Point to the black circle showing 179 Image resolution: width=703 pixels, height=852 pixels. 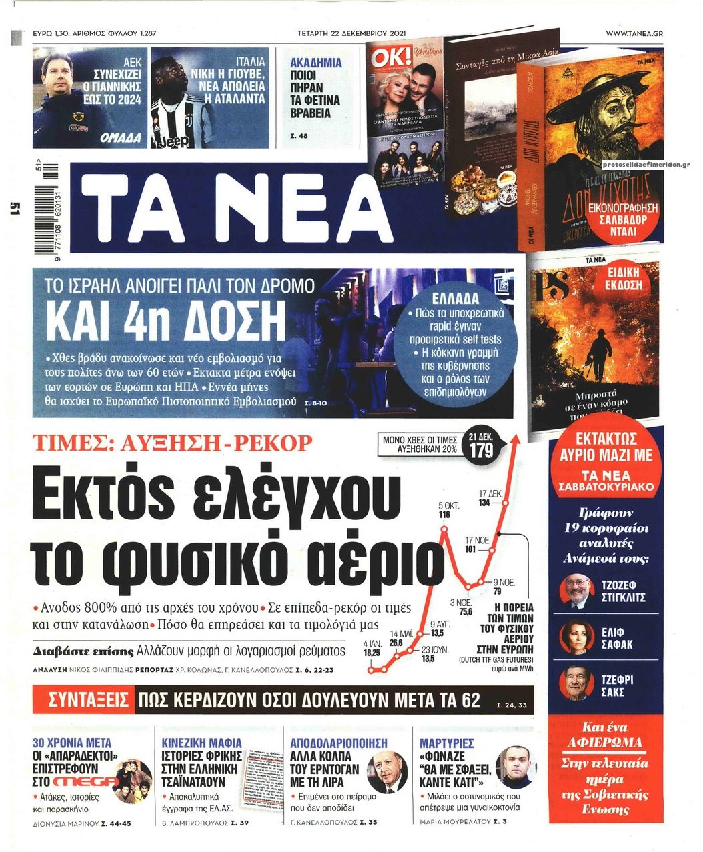click(480, 449)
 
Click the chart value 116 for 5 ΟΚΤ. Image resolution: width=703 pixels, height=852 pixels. click(444, 515)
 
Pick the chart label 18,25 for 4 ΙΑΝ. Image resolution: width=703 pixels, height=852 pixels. click(372, 653)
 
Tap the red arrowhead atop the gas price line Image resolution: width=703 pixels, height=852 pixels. click(515, 440)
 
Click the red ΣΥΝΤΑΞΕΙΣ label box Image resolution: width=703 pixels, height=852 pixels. click(89, 701)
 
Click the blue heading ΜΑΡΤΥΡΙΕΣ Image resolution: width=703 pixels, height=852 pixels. click(447, 743)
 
